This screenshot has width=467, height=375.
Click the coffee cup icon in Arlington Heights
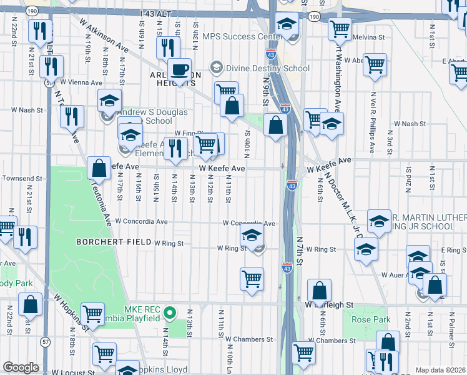click(x=179, y=70)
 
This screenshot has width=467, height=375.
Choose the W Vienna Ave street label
click(x=81, y=82)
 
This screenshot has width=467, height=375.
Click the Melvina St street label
click(x=368, y=37)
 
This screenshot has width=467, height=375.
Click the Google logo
click(x=21, y=367)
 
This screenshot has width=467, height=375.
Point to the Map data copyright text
click(x=441, y=370)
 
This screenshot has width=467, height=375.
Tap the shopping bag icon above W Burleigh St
click(x=319, y=291)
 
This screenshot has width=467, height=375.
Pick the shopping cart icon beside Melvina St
click(x=340, y=28)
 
